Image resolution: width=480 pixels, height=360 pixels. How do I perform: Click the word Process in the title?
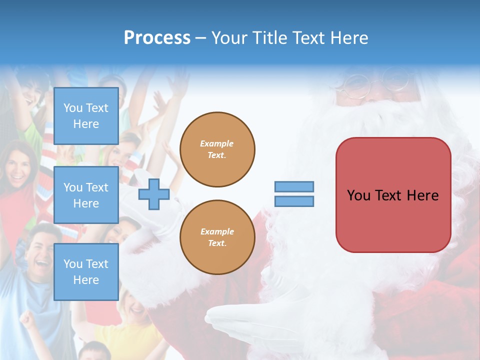(x=157, y=38)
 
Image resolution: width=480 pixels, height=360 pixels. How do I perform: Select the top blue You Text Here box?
(x=86, y=116)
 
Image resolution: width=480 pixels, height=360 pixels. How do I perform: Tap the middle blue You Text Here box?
(x=86, y=195)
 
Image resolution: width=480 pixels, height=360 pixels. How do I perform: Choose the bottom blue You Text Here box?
(x=86, y=271)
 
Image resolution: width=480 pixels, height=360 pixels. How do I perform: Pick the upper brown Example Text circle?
(x=217, y=149)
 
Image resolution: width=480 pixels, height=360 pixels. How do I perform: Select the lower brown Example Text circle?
(x=217, y=237)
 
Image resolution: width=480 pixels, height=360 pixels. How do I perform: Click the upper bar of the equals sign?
(x=294, y=187)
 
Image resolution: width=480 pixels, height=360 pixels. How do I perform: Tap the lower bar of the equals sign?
(x=294, y=201)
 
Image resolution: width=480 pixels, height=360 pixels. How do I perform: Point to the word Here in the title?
(x=348, y=38)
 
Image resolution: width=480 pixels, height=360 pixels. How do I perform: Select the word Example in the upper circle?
(x=217, y=144)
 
